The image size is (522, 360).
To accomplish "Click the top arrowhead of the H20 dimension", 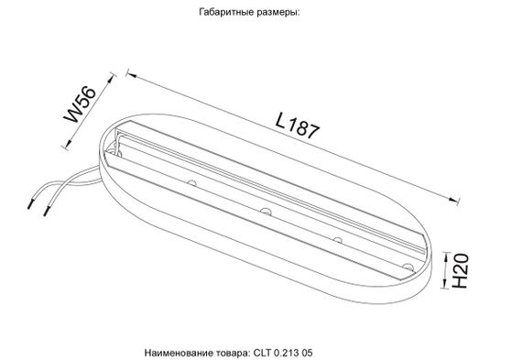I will pos(442,253).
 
